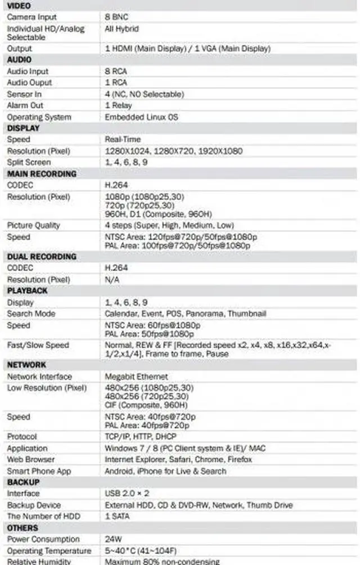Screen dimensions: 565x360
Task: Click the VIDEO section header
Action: (x=19, y=6)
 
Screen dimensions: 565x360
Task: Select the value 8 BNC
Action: (x=116, y=17)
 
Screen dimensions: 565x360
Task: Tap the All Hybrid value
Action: (x=121, y=28)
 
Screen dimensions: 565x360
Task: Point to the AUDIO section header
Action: (x=19, y=60)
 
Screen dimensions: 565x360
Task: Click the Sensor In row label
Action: (x=24, y=94)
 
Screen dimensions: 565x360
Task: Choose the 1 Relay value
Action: (x=118, y=105)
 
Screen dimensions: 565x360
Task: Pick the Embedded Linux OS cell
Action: (x=141, y=117)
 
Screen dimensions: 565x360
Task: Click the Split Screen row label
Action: (x=29, y=162)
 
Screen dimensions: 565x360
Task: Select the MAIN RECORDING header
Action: (x=42, y=174)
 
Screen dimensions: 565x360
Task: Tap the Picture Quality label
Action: (x=33, y=225)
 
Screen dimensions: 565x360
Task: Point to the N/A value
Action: (x=112, y=280)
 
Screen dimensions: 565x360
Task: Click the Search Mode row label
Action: (x=31, y=313)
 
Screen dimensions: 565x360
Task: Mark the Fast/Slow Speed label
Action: (x=38, y=345)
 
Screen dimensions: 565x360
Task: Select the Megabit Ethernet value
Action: (x=136, y=376)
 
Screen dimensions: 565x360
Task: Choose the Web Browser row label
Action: (x=31, y=459)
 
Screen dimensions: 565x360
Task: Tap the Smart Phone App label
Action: (x=39, y=471)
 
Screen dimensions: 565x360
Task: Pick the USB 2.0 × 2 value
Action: (x=127, y=494)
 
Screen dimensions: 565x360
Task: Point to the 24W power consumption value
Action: (x=113, y=539)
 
